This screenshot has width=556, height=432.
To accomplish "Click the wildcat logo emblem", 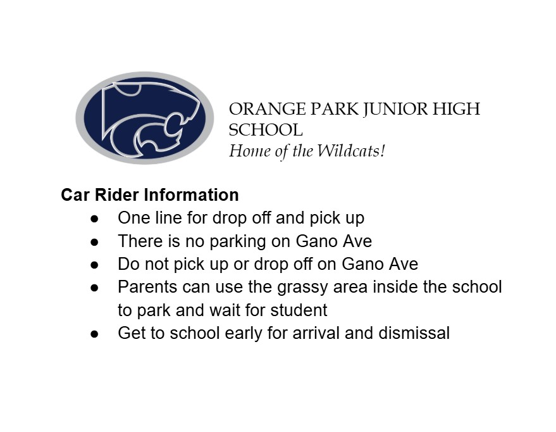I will (x=145, y=118).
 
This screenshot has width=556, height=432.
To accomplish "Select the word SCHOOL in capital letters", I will (x=265, y=130).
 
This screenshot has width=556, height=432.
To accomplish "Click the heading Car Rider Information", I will (x=150, y=194).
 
